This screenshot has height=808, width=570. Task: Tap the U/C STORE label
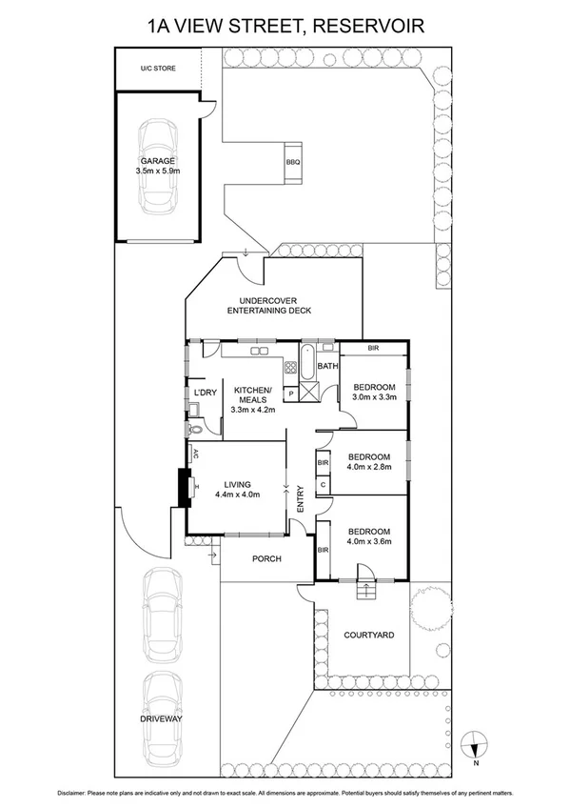[x=158, y=69]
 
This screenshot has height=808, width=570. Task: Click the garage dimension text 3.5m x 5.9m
[x=157, y=172]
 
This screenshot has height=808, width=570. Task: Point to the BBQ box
[x=292, y=163]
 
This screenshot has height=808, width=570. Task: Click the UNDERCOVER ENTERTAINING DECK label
[x=269, y=305]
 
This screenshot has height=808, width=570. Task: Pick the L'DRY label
[x=205, y=392]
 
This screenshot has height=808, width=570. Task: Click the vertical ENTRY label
[x=300, y=501]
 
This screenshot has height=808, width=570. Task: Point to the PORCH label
[x=266, y=558]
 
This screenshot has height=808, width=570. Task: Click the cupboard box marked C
[x=324, y=483]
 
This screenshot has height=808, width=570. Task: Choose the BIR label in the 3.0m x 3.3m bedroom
[x=373, y=349]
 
